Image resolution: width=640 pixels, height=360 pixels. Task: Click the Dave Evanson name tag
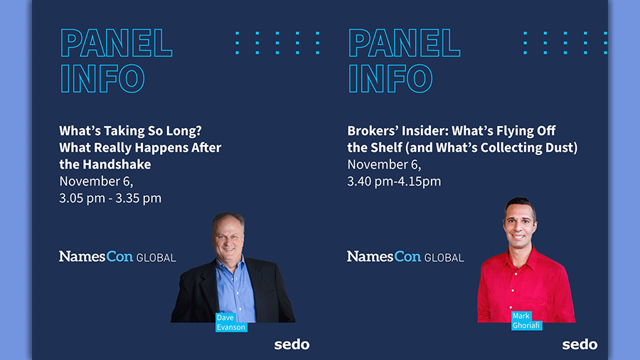[231, 322]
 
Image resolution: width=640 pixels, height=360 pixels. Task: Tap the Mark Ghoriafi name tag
[526, 320]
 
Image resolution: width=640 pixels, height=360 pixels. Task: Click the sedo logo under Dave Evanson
[292, 344]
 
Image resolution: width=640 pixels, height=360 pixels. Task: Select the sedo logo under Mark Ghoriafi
[580, 344]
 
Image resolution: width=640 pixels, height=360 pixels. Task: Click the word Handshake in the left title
[117, 164]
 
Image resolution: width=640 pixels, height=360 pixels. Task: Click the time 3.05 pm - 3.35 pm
[110, 198]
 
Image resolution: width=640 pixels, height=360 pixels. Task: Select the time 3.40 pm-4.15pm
[394, 181]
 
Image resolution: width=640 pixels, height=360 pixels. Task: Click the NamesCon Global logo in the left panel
[117, 256]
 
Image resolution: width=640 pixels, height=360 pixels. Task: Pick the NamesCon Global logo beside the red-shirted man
[405, 256]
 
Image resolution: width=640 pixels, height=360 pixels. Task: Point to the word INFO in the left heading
[102, 78]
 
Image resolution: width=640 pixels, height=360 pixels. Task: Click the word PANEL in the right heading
[404, 43]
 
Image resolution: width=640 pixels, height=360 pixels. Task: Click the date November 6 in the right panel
[384, 164]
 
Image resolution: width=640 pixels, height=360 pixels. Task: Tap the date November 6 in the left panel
[96, 181]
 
